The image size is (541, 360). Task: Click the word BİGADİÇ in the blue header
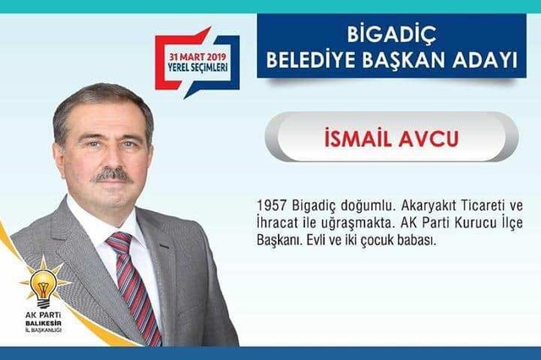[x=391, y=35]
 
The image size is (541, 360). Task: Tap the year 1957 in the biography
[x=272, y=205]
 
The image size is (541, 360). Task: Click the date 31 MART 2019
[x=197, y=57]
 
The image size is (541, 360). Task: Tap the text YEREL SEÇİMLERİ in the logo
[x=198, y=67]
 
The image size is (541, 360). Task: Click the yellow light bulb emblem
[x=44, y=284]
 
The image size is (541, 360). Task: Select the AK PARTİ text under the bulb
[x=43, y=315]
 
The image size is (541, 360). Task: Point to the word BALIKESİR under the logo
[x=43, y=324]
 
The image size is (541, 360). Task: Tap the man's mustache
[x=112, y=177]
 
